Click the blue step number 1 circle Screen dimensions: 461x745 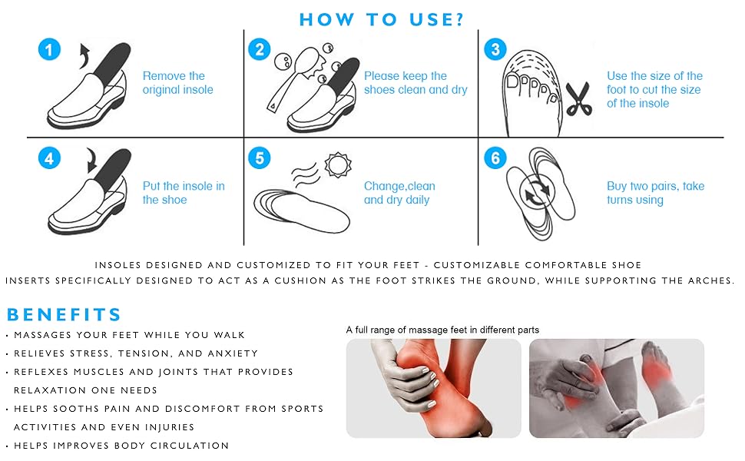(49, 50)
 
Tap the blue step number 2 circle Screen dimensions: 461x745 (260, 50)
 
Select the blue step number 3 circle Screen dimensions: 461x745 (495, 50)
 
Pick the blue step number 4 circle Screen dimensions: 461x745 (49, 158)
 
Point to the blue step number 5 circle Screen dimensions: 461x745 (260, 158)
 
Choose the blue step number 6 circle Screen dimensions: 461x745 (495, 158)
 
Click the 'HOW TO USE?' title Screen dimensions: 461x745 (382, 19)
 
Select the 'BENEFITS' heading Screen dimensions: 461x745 (65, 314)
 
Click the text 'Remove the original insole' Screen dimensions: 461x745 (177, 83)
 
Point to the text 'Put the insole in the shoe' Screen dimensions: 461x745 (184, 193)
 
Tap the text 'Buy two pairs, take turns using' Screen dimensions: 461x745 (655, 193)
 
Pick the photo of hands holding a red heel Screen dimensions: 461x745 (433, 388)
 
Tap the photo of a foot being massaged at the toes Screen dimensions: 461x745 (616, 388)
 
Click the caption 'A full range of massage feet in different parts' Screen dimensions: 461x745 (442, 330)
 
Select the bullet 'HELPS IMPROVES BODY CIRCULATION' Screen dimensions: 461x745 (121, 446)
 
